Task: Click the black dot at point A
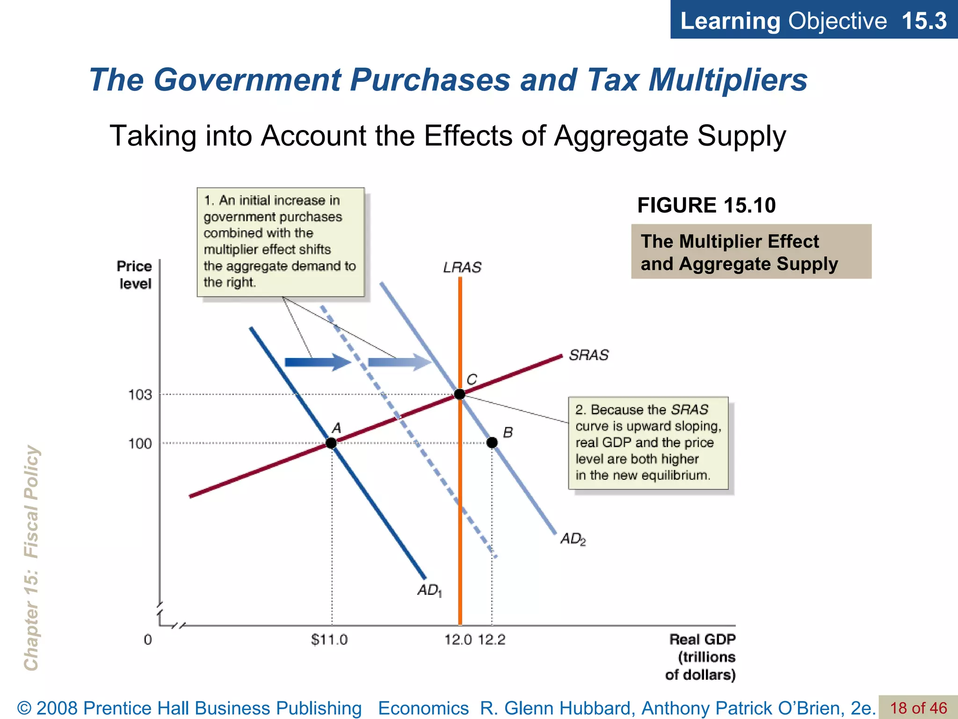click(x=331, y=443)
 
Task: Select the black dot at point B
click(x=492, y=442)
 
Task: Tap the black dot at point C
click(x=460, y=394)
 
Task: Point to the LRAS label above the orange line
click(x=462, y=267)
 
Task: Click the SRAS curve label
click(x=589, y=355)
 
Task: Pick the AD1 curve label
click(x=429, y=591)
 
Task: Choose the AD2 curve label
click(x=573, y=539)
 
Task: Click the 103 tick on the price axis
click(x=140, y=395)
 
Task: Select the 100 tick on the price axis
click(x=140, y=443)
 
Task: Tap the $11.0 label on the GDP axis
click(x=329, y=639)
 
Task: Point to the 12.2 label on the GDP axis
click(x=492, y=639)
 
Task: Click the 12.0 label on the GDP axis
click(x=458, y=639)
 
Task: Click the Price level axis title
click(x=135, y=275)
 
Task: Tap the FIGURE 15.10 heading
click(x=706, y=205)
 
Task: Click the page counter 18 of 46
click(x=918, y=708)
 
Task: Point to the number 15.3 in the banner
click(x=924, y=21)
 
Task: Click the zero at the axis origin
click(x=148, y=639)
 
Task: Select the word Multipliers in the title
click(x=728, y=80)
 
